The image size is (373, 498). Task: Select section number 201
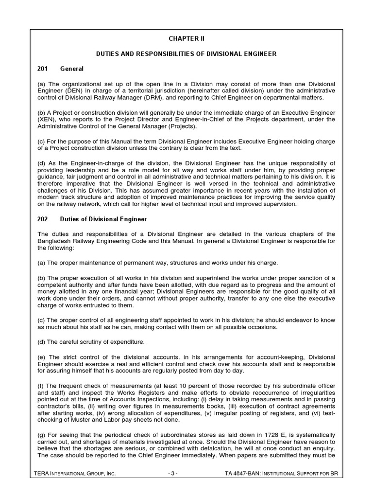tap(43, 69)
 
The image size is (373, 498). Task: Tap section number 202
tap(43, 219)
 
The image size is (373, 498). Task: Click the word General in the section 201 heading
tap(72, 69)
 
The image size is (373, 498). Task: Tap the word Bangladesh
tap(56, 241)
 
